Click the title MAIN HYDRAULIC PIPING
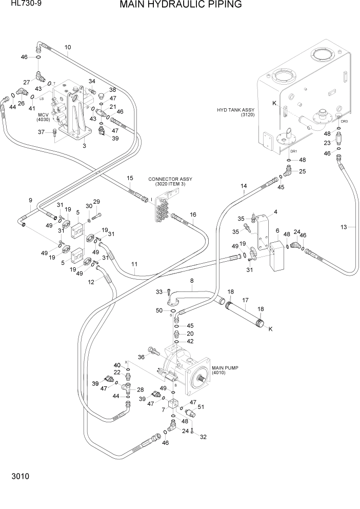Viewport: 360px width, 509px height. (181, 6)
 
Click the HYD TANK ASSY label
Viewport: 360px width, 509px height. (236, 112)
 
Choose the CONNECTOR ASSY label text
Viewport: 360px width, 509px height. (170, 182)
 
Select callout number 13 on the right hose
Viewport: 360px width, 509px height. (344, 227)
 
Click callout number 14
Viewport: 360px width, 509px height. (244, 186)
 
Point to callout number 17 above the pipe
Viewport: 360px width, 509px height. (245, 300)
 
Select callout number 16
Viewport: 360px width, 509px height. (193, 214)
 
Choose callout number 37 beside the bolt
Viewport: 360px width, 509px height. (42, 132)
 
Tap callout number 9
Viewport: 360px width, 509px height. (30, 200)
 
